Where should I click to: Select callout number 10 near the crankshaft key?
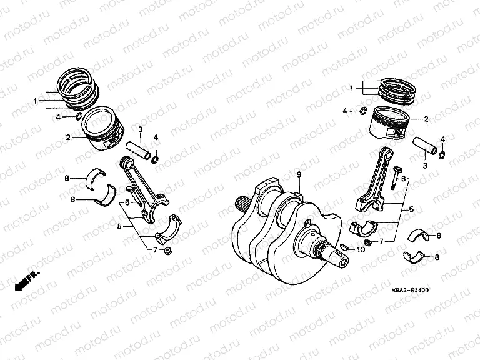tap(361, 250)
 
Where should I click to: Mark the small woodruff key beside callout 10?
tap(344, 249)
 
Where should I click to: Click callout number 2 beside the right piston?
tap(426, 118)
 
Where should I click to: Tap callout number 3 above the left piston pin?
tap(141, 129)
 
